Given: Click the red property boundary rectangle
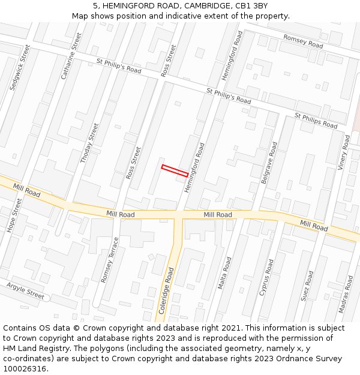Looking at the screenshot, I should coord(175,170).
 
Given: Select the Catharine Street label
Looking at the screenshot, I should coord(71,56).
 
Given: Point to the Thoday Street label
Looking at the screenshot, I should coord(89,143).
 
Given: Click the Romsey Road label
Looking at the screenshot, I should coord(303,41).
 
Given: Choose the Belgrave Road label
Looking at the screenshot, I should coord(268,163).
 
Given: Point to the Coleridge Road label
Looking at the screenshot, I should coord(166,292).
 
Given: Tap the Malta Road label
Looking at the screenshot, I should coord(224,274).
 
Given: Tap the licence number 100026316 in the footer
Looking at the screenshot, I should coord(26,368).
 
